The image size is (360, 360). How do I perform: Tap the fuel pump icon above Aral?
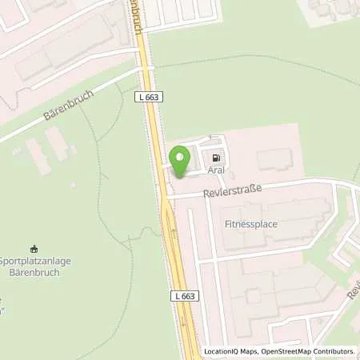click(x=214, y=157)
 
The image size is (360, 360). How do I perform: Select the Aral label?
click(x=215, y=170)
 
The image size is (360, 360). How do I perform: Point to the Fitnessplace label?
click(x=251, y=224)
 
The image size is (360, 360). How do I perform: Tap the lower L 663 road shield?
click(x=183, y=296)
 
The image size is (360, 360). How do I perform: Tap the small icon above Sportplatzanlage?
click(x=34, y=247)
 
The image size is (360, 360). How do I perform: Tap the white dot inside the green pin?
click(x=180, y=156)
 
